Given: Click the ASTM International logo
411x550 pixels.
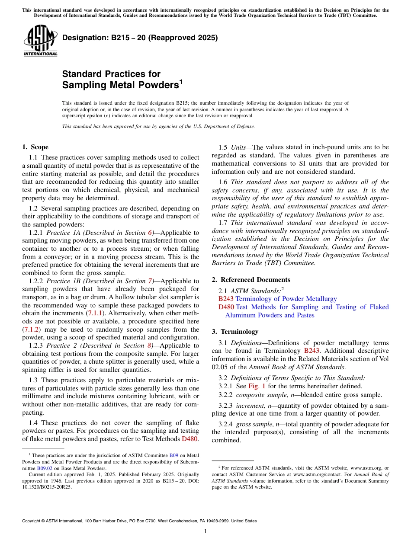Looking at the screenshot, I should click(40, 40).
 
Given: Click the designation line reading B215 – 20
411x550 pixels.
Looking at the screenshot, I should click(140, 38).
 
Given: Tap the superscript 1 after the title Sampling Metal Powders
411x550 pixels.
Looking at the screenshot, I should click(181, 81).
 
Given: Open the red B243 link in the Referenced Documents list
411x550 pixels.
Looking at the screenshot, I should click(226, 299).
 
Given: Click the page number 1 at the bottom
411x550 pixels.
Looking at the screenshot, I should click(205, 531).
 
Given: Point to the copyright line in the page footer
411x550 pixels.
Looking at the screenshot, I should click(139, 521).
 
